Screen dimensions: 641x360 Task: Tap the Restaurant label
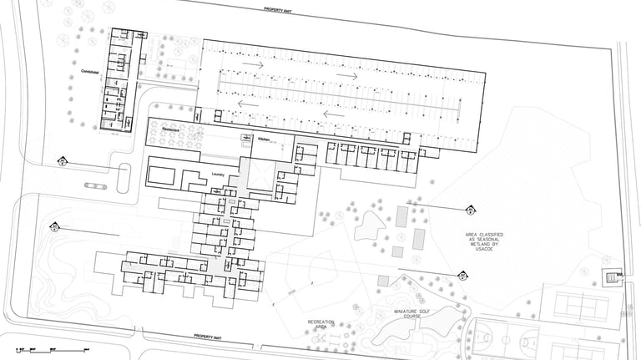click(x=172, y=131)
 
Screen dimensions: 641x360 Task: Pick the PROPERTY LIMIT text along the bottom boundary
click(x=209, y=336)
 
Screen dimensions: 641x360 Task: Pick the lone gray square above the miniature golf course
click(x=384, y=281)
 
